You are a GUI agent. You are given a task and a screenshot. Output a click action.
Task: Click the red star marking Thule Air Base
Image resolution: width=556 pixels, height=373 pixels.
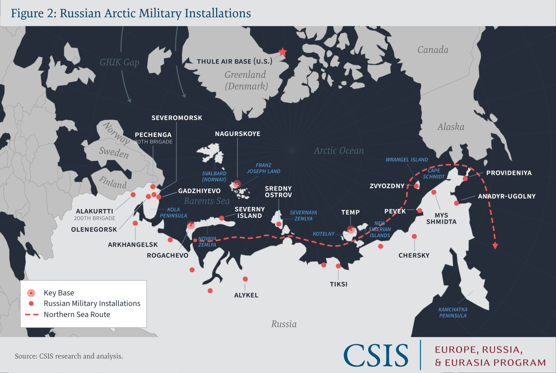click(283, 52)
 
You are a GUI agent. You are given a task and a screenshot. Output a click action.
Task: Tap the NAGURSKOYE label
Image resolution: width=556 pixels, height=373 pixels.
click(237, 134)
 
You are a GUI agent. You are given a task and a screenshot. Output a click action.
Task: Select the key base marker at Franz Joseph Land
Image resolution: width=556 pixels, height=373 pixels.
click(237, 184)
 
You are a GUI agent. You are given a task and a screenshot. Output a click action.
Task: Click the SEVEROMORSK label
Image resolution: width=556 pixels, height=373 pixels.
click(177, 118)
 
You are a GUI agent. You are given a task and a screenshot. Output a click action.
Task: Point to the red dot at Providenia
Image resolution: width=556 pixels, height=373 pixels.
click(465, 178)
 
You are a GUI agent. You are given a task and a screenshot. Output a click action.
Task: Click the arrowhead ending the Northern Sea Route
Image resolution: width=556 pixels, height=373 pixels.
click(495, 246)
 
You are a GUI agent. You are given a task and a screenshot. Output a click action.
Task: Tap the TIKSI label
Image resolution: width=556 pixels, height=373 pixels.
click(339, 284)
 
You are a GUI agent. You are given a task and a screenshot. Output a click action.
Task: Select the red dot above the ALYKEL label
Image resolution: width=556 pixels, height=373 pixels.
click(245, 279)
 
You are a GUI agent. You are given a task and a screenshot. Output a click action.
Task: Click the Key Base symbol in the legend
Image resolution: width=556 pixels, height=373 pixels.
click(31, 293)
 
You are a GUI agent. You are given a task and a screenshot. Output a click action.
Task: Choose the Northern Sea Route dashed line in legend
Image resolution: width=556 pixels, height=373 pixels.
click(32, 315)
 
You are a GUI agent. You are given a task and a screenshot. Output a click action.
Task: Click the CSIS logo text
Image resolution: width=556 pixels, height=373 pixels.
click(376, 356)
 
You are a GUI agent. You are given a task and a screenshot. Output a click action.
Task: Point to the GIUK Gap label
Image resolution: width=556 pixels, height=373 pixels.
click(120, 62)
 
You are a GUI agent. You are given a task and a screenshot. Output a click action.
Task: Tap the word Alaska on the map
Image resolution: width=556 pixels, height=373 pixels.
click(451, 127)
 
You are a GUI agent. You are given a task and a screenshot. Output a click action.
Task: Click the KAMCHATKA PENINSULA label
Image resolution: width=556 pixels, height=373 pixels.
click(453, 312)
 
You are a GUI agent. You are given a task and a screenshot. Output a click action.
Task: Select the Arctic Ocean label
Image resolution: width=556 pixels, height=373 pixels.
click(339, 150)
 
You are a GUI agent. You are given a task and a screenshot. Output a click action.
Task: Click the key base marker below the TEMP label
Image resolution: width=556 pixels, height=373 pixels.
click(351, 230)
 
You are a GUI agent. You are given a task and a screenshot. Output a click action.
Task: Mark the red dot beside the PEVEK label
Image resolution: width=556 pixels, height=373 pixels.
click(420, 211)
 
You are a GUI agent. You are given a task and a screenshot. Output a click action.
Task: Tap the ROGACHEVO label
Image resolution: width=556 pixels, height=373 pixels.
click(168, 255)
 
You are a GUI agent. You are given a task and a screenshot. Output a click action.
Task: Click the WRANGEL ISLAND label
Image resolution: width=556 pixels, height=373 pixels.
click(407, 160)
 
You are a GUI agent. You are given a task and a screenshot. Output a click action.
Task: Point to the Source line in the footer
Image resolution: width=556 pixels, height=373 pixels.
click(69, 356)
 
